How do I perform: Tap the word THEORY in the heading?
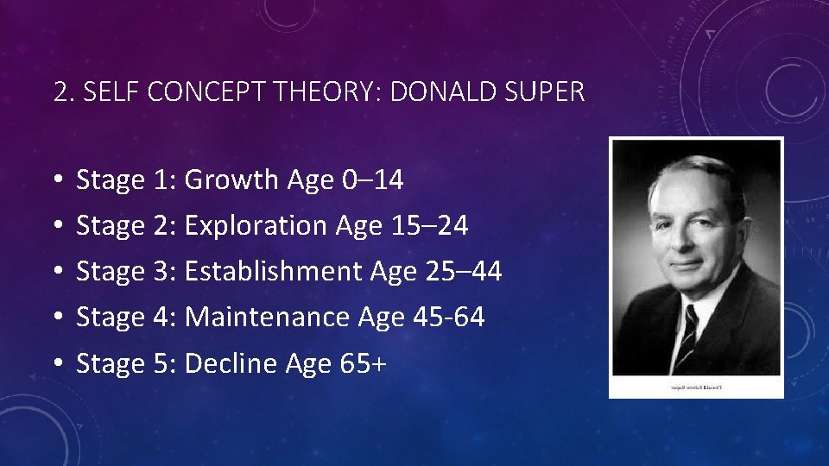tap(328, 92)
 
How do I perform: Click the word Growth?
tap(232, 180)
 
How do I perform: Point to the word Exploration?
tap(256, 226)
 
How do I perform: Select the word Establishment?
tap(274, 272)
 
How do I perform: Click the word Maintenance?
tap(267, 318)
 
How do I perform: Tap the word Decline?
tap(226, 363)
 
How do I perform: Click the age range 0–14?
tap(372, 180)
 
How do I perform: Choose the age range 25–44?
tap(464, 272)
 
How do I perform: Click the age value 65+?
tap(364, 363)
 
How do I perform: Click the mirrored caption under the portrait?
tap(696, 387)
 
